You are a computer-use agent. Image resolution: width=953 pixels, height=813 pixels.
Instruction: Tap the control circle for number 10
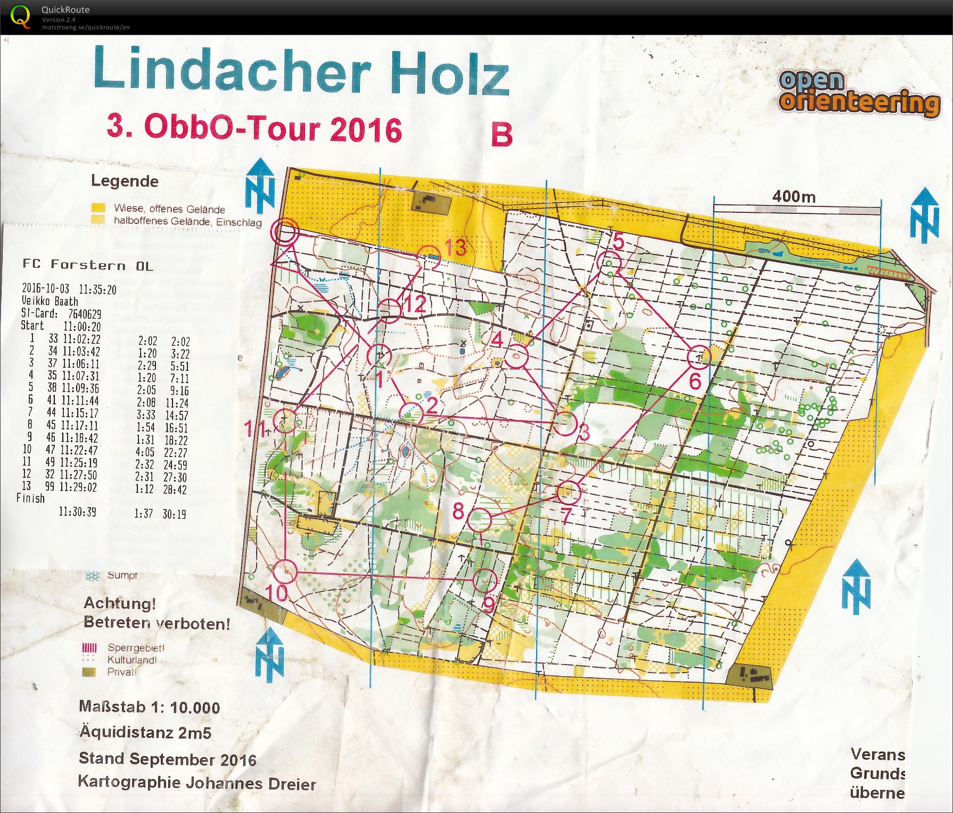coord(286,571)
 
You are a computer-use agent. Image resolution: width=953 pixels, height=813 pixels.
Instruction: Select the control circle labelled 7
coord(569,492)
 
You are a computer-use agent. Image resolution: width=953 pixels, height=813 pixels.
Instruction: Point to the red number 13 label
coord(456,247)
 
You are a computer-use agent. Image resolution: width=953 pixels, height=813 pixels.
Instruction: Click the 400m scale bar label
coord(794,196)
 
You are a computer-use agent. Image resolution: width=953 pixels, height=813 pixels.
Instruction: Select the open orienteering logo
coord(858,94)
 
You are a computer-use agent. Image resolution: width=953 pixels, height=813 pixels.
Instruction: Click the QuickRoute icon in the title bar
coord(20,16)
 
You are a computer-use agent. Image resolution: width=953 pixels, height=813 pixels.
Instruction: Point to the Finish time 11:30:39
coord(77,512)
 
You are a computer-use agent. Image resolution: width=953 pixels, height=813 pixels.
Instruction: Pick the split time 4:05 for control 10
coord(145,452)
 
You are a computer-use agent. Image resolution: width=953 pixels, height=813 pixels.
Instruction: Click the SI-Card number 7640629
coord(84,314)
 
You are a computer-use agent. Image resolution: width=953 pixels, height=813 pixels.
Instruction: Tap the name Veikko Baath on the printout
coord(50,301)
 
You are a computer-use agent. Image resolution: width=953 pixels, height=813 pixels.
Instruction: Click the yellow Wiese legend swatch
coord(98,208)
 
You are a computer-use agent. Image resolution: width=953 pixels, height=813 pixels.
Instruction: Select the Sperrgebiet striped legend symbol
coord(89,648)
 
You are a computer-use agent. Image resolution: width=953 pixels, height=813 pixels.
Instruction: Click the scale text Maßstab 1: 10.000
coord(149,707)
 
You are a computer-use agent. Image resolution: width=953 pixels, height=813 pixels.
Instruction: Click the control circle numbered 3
coord(565,424)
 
